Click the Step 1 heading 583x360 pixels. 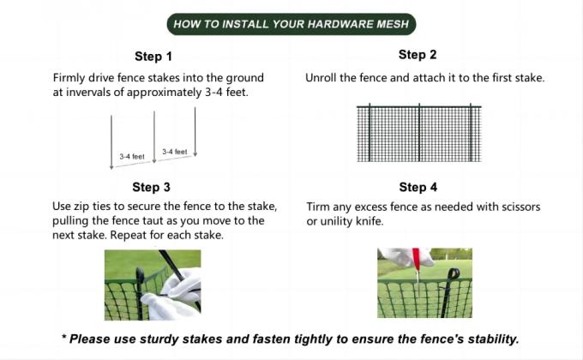[153, 57]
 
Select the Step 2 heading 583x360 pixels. [418, 55]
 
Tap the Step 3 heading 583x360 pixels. [151, 187]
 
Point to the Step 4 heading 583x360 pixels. [418, 187]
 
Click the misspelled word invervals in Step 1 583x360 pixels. [93, 92]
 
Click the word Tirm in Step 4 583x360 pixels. [319, 207]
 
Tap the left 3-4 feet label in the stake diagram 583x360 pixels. [132, 157]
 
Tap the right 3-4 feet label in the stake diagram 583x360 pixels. [174, 152]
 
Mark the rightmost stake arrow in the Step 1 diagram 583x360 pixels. [195, 133]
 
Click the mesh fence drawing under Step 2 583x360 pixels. [418, 133]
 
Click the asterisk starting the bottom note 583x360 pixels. [64, 339]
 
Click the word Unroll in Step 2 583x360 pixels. [322, 78]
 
